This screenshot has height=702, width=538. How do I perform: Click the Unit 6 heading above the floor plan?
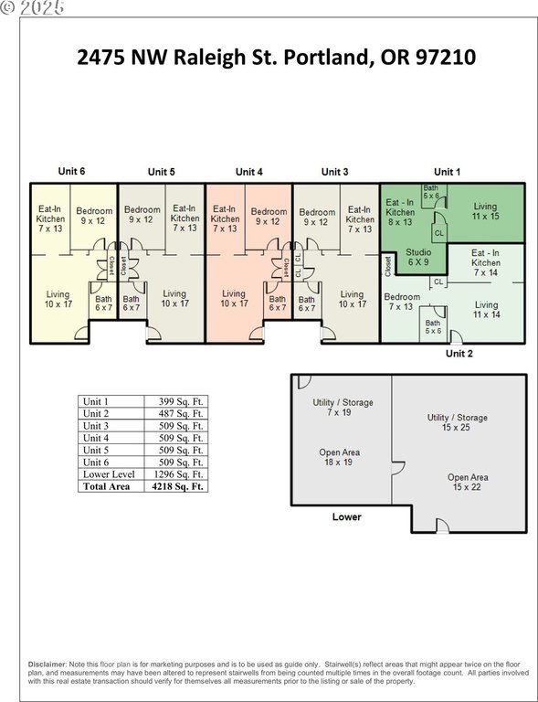coord(71,171)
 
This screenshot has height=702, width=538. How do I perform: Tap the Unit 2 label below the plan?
coord(459,353)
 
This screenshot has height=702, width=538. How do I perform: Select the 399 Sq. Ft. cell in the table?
coord(181,401)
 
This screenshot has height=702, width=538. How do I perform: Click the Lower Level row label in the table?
coord(109,474)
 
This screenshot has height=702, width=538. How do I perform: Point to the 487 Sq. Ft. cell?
coord(181,414)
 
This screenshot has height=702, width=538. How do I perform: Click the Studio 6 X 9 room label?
coord(418,257)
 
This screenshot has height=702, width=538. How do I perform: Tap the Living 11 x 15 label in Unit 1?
coord(485,211)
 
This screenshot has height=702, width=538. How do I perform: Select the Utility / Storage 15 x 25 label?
coord(457,422)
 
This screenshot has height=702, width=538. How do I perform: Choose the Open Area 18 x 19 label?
coord(339,457)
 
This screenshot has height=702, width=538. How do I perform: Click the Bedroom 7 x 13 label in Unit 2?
coord(402,302)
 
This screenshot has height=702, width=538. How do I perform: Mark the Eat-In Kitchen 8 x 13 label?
coord(400,212)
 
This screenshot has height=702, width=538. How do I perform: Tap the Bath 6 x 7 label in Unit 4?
coord(278,303)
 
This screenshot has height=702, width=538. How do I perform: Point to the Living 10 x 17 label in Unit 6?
coord(58,299)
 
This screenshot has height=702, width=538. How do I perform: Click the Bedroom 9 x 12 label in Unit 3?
coord(317,217)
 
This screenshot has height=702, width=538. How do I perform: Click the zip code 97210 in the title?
coord(446,58)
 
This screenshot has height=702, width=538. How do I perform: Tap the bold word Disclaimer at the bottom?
coord(47,665)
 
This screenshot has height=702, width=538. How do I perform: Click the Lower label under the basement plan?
coord(346,516)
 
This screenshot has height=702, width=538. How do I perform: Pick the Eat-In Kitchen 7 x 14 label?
coord(486,263)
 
